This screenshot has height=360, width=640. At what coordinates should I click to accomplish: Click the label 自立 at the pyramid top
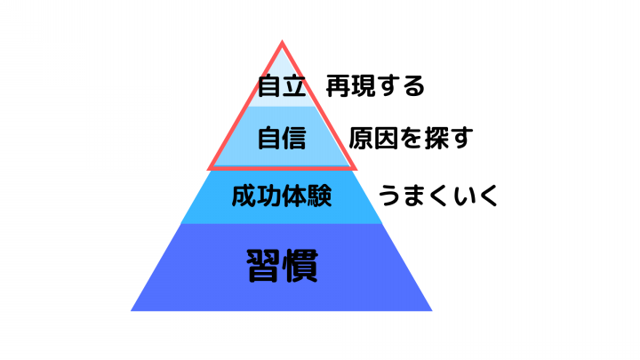tap(282, 85)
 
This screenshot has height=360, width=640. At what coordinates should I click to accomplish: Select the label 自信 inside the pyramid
tap(282, 138)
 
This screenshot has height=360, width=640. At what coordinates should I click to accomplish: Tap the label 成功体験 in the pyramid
tap(282, 196)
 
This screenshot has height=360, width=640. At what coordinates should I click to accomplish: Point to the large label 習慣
tap(282, 266)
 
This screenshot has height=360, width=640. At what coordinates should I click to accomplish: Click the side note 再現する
tap(375, 85)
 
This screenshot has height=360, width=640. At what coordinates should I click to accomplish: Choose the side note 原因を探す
tap(411, 138)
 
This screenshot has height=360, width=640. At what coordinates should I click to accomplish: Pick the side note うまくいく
tap(438, 196)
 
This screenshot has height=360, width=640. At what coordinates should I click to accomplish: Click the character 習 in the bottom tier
tap(264, 266)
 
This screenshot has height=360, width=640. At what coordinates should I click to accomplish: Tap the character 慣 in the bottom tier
tap(300, 266)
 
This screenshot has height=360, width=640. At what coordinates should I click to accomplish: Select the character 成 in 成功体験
tap(244, 196)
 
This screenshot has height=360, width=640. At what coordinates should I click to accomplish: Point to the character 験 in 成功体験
tap(320, 196)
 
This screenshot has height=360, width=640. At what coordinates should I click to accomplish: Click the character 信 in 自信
tap(294, 138)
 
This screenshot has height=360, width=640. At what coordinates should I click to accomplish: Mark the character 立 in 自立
tap(294, 86)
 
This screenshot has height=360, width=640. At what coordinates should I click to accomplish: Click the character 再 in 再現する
tap(338, 85)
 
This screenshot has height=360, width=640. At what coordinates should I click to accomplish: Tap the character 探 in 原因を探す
tap(436, 138)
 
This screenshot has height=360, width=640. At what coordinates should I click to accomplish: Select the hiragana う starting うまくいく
tap(389, 196)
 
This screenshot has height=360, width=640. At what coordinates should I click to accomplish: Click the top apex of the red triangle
tap(282, 41)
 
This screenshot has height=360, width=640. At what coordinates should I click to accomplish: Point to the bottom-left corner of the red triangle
tap(208, 169)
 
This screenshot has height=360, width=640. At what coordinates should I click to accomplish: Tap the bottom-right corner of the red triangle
tap(356, 169)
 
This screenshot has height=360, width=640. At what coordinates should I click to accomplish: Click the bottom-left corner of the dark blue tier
tap(131, 310)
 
